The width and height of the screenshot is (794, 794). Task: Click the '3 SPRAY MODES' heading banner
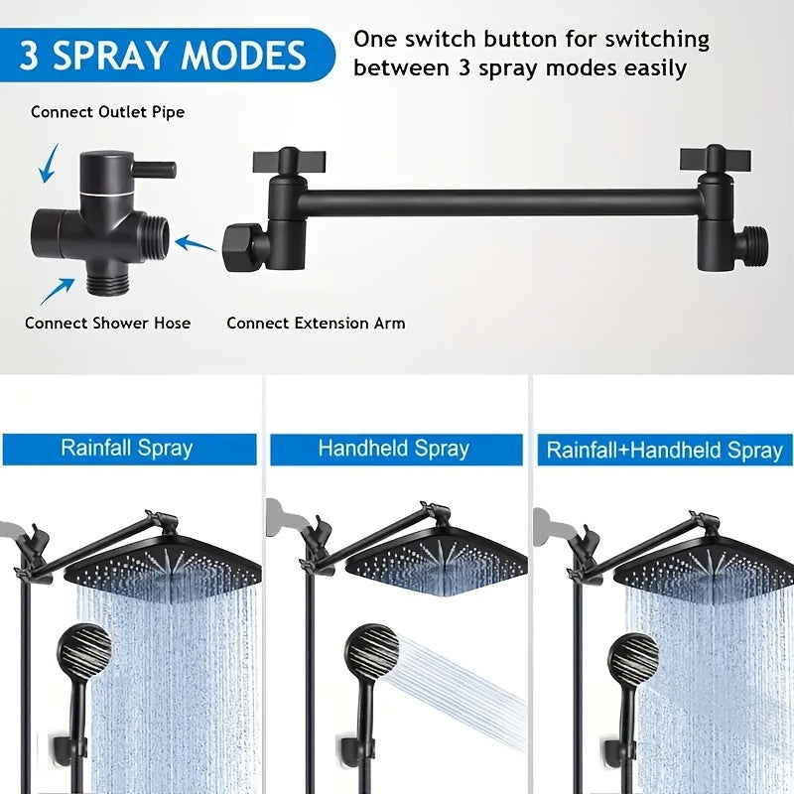click(x=166, y=55)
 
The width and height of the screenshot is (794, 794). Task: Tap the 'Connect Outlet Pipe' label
click(x=107, y=112)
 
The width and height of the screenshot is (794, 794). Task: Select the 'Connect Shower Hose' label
click(x=107, y=324)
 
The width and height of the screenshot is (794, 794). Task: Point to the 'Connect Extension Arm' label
click(x=316, y=324)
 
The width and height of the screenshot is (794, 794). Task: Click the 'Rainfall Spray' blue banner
click(x=130, y=449)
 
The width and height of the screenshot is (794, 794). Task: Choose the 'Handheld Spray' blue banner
click(x=396, y=449)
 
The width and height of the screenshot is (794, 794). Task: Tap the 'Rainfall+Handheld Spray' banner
click(x=665, y=450)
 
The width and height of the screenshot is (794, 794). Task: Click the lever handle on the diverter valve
click(x=155, y=169)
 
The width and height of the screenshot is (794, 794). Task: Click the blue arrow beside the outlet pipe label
click(x=49, y=164)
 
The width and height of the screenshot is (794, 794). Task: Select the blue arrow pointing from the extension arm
click(x=196, y=243)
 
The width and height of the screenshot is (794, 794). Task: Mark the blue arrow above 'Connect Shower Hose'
click(x=57, y=291)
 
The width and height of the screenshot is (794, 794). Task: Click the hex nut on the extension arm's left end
click(x=242, y=248)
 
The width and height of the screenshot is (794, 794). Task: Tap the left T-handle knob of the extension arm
click(x=289, y=161)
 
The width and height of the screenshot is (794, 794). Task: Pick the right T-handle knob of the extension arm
click(x=716, y=158)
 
